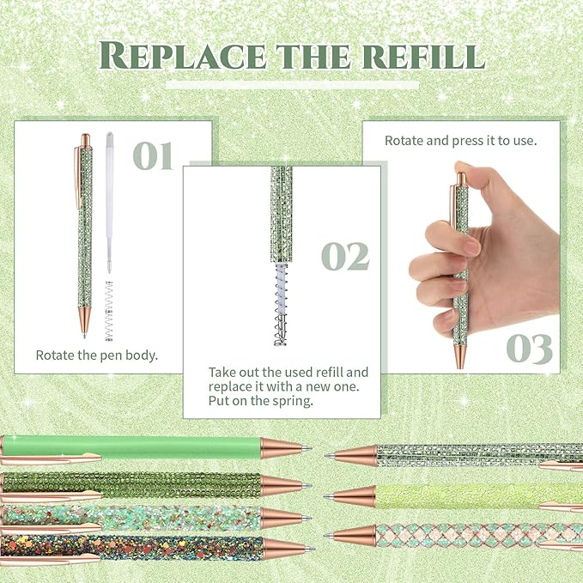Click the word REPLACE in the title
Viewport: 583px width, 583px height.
pos(171,55)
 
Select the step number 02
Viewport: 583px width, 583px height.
pos(345,256)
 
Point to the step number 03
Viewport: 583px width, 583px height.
pos(529,349)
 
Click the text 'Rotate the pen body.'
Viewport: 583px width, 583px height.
pos(96,355)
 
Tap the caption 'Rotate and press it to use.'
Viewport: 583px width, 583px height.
pos(461,140)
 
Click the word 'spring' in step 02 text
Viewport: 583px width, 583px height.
pos(289,399)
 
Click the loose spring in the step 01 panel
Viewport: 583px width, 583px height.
pos(109,311)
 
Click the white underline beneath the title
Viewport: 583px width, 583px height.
pos(291,85)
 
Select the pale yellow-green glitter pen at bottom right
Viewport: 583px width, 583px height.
pos(464,495)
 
